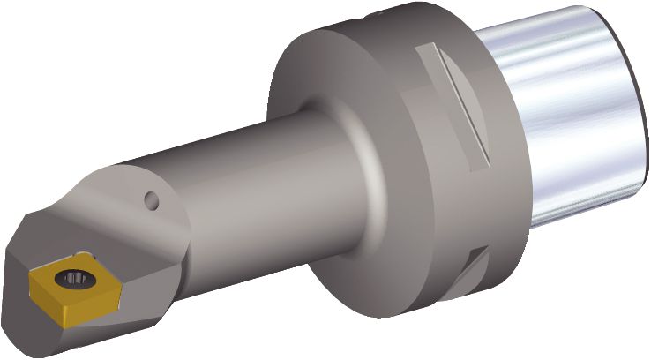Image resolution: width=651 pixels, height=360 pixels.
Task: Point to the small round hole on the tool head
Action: pos(152,201)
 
